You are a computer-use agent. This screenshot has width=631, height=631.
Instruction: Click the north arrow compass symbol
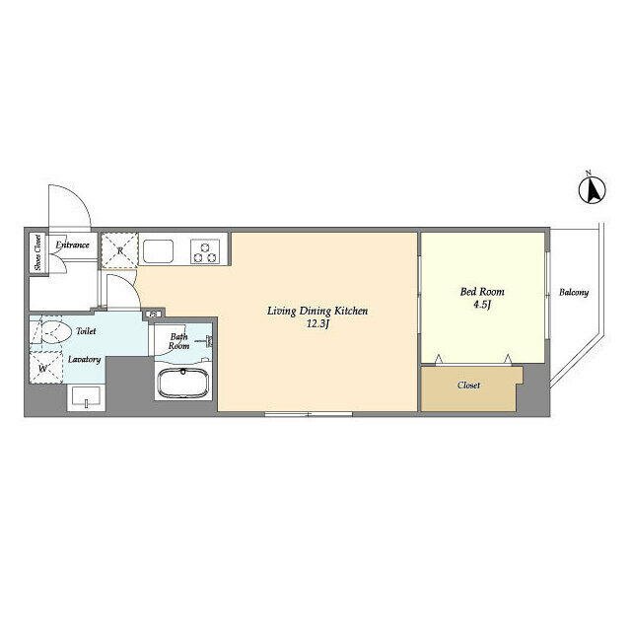click(593, 189)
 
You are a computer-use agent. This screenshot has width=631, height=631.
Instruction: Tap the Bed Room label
click(482, 292)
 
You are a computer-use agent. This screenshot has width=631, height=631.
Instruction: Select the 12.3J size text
click(317, 324)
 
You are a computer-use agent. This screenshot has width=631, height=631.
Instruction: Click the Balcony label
click(574, 293)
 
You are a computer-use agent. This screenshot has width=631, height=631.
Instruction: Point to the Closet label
click(469, 386)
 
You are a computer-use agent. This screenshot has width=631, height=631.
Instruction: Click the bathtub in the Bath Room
click(184, 384)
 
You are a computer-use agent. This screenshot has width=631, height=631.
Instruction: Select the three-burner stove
click(205, 251)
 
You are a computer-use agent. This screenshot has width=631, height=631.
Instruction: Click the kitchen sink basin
click(159, 251)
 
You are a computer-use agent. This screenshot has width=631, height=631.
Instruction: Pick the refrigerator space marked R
click(119, 250)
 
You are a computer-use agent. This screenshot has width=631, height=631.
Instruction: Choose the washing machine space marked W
click(45, 368)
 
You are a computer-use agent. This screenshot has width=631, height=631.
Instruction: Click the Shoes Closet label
click(38, 252)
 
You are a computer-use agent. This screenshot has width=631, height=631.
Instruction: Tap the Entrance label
click(72, 245)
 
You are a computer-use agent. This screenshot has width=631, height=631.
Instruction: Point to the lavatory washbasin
click(86, 397)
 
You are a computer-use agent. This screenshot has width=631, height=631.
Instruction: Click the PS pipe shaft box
click(154, 314)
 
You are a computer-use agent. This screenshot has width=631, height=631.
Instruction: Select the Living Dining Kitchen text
click(317, 312)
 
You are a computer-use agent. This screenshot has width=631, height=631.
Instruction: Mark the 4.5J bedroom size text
click(482, 305)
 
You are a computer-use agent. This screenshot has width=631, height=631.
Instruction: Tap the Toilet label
click(86, 331)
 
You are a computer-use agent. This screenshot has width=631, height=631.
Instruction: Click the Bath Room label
click(178, 341)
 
